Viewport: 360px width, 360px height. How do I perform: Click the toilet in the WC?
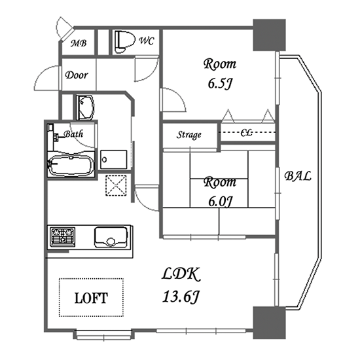(124, 42)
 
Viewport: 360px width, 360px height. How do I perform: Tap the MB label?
(79, 43)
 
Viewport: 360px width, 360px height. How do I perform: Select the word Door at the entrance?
(77, 75)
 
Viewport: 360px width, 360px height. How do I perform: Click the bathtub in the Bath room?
(71, 165)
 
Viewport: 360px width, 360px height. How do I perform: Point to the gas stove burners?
(63, 237)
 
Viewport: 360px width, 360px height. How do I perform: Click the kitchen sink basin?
(111, 237)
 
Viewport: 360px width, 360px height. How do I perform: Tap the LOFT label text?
(91, 298)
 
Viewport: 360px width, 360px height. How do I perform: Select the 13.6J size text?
(181, 297)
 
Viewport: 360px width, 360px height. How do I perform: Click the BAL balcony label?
(298, 176)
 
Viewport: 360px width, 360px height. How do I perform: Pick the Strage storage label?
(189, 135)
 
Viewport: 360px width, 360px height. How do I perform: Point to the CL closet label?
(247, 132)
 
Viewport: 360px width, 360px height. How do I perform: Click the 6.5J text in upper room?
(219, 84)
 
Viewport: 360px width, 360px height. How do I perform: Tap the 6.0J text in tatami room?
(219, 202)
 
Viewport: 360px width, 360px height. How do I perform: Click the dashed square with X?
(116, 185)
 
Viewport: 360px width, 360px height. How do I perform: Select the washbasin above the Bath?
(85, 107)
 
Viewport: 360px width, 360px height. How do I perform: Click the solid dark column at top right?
(269, 35)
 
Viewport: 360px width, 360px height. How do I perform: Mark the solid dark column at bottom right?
(269, 323)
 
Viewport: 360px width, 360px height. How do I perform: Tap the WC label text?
(146, 41)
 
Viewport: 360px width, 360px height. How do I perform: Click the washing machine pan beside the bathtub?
(114, 160)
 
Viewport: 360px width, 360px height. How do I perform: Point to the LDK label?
(181, 274)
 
